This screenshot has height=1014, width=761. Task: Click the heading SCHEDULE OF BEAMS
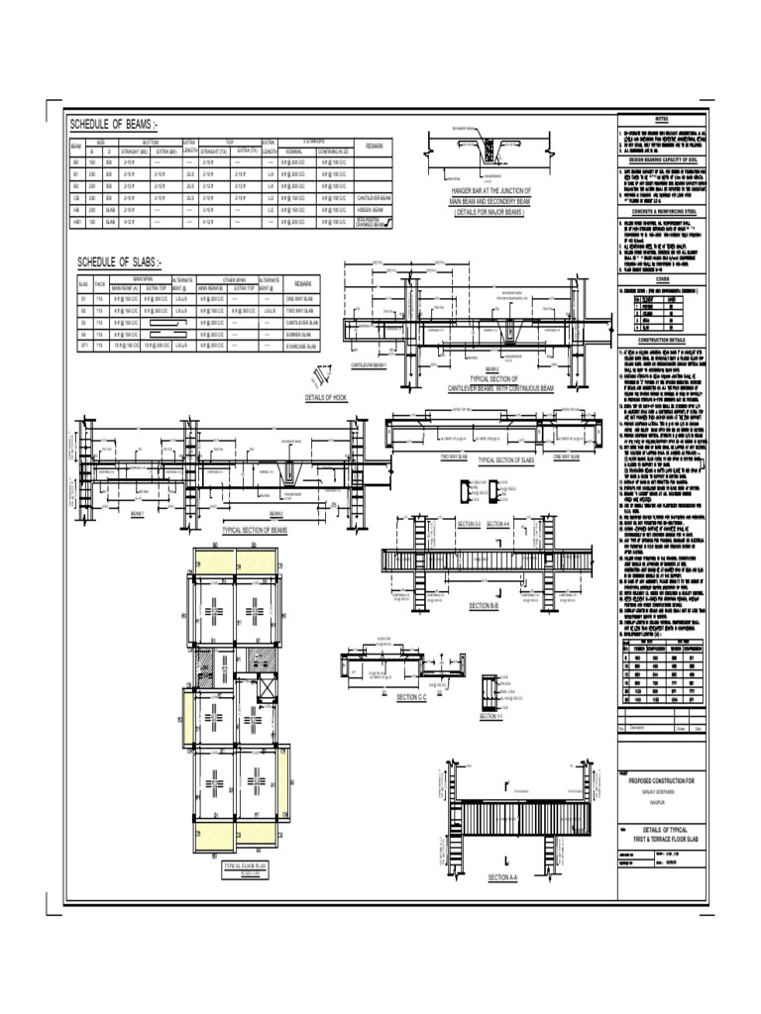click(x=112, y=125)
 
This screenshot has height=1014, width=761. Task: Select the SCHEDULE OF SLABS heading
click(x=119, y=262)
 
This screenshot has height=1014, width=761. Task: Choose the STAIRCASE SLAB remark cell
click(x=300, y=347)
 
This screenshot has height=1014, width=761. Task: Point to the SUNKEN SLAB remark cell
click(x=300, y=335)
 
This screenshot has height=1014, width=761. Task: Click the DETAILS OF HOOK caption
click(x=326, y=397)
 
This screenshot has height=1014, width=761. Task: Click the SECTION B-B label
click(x=483, y=605)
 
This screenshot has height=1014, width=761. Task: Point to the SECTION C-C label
click(x=410, y=697)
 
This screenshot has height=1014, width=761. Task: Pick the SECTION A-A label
click(x=502, y=877)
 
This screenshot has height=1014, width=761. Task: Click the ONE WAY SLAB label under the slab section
click(x=572, y=456)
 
